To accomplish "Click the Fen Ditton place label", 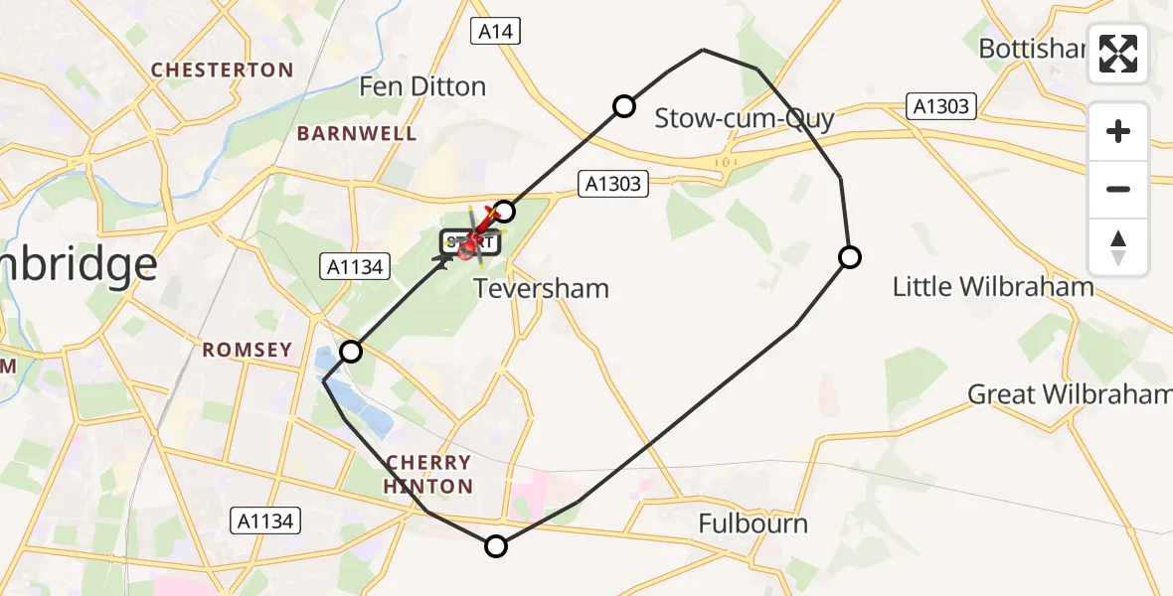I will point(422,86).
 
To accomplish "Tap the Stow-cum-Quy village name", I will point(744,119).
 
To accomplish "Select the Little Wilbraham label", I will point(992,287).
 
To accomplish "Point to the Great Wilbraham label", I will point(1069,394).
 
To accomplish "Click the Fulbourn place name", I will point(753,523).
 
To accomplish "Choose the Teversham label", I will point(541,289).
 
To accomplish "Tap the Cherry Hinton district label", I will point(428,474).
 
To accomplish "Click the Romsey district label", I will point(247,350).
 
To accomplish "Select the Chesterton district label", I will point(222,71).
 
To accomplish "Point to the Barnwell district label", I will point(357,133).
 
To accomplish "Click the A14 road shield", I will point(494,32).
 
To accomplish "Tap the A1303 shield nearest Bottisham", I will point(941,106).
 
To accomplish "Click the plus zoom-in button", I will point(1118,132).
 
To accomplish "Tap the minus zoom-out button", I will point(1118,189).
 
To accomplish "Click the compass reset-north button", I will point(1118,246).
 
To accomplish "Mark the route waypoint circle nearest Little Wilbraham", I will point(849,257).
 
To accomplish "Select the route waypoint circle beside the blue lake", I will point(351,351).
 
